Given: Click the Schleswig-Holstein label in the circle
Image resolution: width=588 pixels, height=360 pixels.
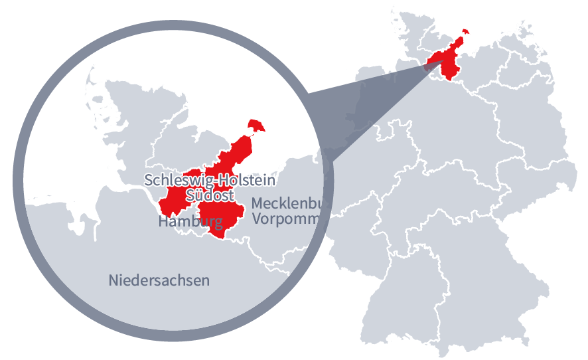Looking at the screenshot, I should click(210, 180).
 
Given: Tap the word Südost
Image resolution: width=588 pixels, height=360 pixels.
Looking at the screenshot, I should click(210, 195).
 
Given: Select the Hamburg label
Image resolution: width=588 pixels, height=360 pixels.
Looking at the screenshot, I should click(190, 222).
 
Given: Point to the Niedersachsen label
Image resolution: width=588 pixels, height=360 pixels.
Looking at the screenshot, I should click(159, 280).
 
